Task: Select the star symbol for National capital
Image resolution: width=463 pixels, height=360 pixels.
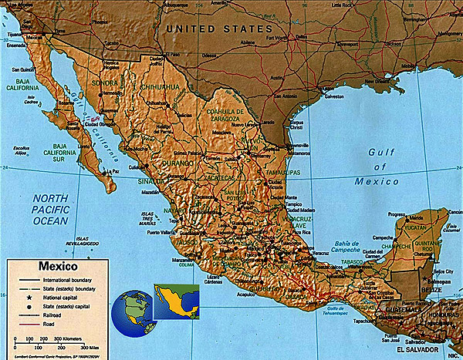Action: coord(24,297)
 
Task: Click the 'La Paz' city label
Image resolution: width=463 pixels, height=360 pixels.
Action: coord(113,171)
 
